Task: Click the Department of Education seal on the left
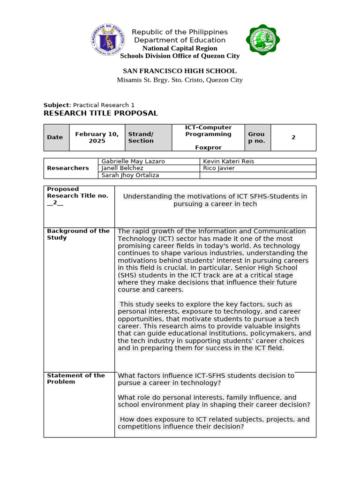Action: (x=108, y=40)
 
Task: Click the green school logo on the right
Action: (x=263, y=40)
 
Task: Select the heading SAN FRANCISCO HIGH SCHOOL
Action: (x=180, y=71)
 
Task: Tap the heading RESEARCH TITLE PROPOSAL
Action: (x=101, y=113)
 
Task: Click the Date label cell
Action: (x=55, y=137)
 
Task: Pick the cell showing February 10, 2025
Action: (x=97, y=137)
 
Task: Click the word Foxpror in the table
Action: (x=208, y=147)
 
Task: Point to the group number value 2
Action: (x=293, y=137)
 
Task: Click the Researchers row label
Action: (x=68, y=168)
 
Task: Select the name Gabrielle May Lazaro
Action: (x=133, y=161)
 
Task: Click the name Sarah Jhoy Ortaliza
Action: (x=130, y=175)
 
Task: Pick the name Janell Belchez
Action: (x=122, y=168)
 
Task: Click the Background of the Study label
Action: (x=78, y=234)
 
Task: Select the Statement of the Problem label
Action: (x=76, y=378)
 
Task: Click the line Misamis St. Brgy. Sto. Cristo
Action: (x=180, y=80)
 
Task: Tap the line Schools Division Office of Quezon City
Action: (x=180, y=56)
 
